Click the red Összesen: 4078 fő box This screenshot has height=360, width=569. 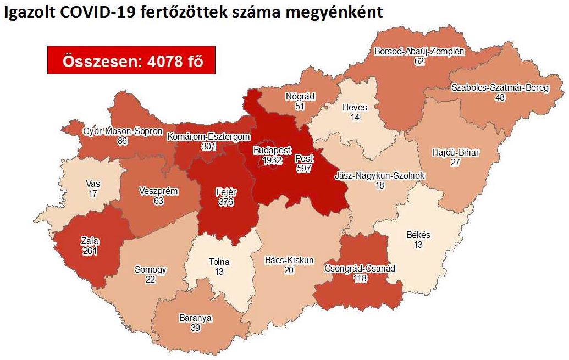point(130,61)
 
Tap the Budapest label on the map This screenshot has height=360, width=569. point(272,150)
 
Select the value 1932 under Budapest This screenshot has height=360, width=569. point(272,160)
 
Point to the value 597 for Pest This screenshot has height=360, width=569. point(304,168)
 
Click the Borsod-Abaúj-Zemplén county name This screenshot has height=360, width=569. point(419,52)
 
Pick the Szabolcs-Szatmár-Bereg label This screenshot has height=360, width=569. point(500,88)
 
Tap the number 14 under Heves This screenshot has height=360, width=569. point(354,117)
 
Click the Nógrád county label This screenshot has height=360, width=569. point(300,97)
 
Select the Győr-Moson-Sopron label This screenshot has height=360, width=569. point(123,131)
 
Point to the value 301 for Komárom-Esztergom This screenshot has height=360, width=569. point(208,147)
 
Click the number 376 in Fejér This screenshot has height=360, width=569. point(225,202)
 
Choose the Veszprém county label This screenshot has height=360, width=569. point(158,191)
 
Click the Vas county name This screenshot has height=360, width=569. point(92,184)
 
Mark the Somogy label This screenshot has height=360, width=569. point(150,270)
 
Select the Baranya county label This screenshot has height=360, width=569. point(195,318)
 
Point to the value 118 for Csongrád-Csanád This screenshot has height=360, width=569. point(360,279)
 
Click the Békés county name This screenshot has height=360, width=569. point(418,235)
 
